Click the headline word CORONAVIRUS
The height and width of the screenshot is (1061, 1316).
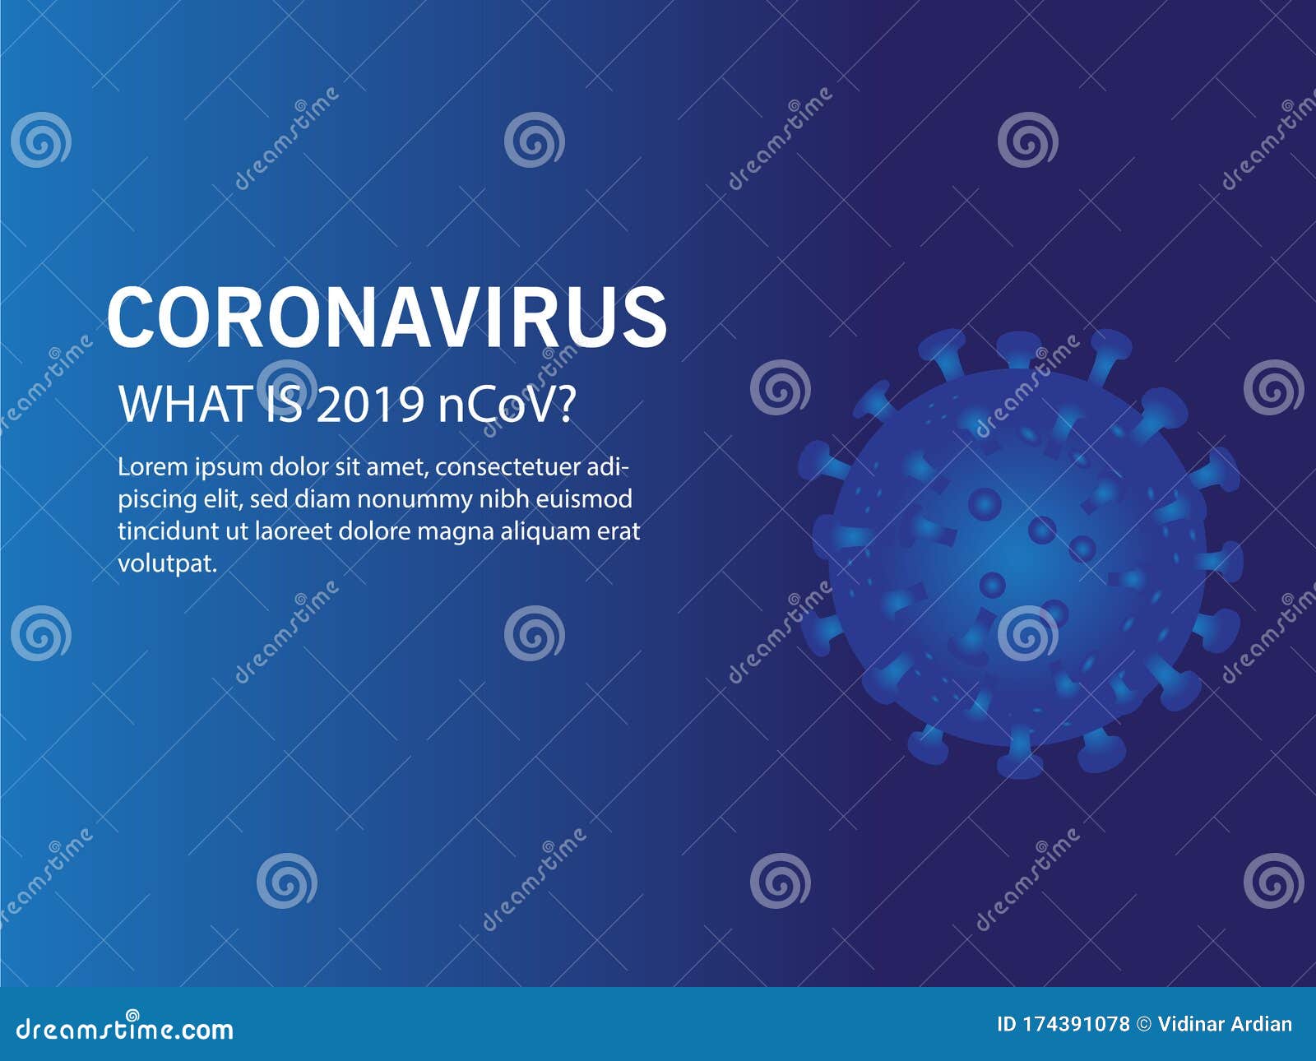coord(387,317)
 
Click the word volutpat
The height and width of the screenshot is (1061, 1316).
coord(168,564)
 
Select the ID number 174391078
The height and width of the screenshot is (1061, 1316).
coord(1077,1025)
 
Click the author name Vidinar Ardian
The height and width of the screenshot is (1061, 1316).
coord(1225,1025)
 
